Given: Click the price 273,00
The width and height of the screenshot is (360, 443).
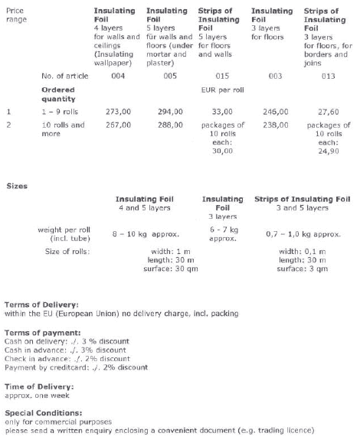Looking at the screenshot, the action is click(x=118, y=112).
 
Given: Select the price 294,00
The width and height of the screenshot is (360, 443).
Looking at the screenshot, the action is click(x=170, y=112).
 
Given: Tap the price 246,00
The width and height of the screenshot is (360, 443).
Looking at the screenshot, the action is click(x=276, y=112).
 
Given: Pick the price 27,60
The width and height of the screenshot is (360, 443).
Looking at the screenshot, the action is click(x=329, y=112).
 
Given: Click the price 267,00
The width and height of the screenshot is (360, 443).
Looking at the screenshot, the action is click(x=118, y=125).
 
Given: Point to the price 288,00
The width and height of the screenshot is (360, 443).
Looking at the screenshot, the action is click(x=170, y=125).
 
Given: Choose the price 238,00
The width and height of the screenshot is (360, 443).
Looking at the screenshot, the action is click(x=276, y=125).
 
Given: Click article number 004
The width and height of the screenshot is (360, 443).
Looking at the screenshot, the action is click(x=118, y=76).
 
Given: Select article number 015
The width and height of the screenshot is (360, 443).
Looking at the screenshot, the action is click(x=222, y=76).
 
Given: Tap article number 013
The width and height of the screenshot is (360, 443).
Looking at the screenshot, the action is click(x=329, y=76).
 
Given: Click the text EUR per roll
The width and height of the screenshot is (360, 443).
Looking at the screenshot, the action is click(x=223, y=90).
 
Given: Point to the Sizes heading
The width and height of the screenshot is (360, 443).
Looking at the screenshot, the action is click(x=17, y=186).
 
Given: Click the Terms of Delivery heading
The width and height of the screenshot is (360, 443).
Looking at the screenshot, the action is click(x=41, y=305).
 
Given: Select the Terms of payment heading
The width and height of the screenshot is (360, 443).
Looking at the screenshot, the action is click(x=43, y=333).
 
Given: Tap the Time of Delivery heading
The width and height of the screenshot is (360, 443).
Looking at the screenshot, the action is click(x=39, y=386).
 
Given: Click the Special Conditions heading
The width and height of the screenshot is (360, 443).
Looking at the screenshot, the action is click(x=44, y=412).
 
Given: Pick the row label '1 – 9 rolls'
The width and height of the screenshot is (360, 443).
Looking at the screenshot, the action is click(x=60, y=112).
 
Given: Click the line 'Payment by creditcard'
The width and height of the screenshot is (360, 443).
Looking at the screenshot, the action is click(x=77, y=367).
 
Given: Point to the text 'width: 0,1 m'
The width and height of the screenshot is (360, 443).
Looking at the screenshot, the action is click(x=303, y=252).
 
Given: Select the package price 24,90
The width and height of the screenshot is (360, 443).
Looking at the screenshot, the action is click(x=329, y=151).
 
